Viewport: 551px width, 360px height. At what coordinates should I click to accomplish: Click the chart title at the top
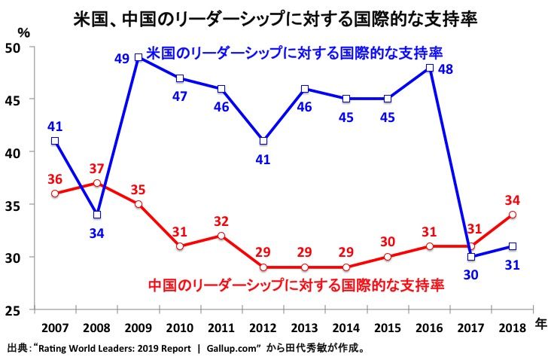click(275, 17)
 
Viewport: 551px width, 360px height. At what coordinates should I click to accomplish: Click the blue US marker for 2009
click(139, 57)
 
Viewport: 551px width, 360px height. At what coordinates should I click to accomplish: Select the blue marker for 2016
click(428, 68)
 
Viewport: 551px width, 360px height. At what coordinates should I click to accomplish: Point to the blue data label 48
click(445, 69)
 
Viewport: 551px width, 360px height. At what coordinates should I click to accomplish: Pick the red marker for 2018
click(512, 215)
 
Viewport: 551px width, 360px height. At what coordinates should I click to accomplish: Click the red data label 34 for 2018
click(513, 200)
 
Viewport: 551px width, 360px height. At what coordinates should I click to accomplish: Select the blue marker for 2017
click(470, 256)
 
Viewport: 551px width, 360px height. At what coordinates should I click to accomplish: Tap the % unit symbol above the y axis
click(23, 32)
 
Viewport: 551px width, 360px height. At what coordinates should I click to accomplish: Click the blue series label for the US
click(294, 53)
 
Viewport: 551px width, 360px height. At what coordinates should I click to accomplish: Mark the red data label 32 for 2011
click(221, 221)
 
